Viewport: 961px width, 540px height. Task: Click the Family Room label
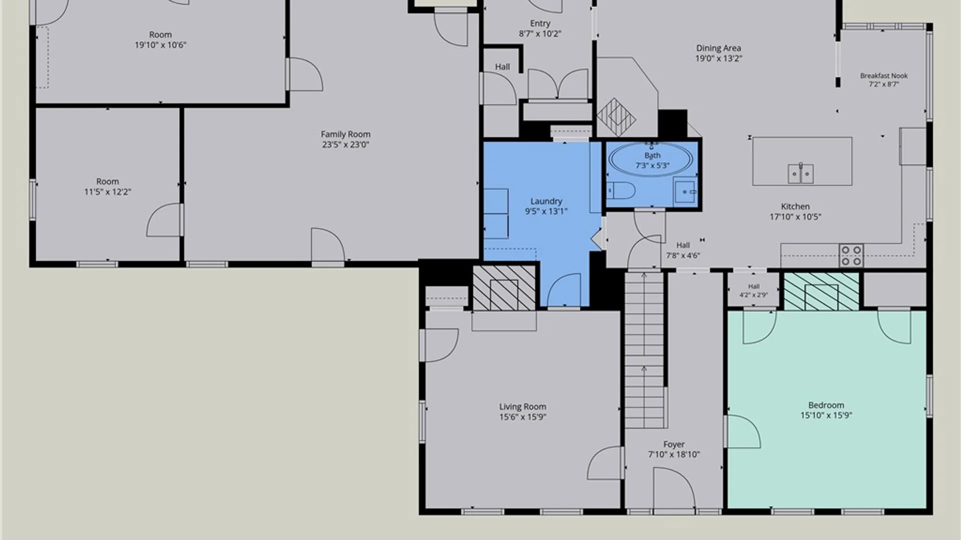coord(345,134)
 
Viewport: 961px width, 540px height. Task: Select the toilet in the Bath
coord(621,190)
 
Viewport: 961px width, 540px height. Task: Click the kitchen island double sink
coord(801,173)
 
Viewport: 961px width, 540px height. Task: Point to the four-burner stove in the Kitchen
coord(851,255)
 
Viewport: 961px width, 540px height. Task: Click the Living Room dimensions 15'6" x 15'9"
coord(523,417)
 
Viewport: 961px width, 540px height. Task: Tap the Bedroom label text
coord(826,405)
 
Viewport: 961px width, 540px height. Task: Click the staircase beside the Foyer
coord(645,350)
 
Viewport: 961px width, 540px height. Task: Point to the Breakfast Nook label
coord(884,75)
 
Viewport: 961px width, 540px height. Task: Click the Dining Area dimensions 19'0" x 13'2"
coord(719,58)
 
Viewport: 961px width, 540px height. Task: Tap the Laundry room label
coord(546,201)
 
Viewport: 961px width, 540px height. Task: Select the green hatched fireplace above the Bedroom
coord(821,291)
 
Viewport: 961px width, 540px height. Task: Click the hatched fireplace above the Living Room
coord(504,288)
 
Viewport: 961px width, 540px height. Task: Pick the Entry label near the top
coord(540,23)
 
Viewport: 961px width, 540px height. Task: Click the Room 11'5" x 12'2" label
coord(108,186)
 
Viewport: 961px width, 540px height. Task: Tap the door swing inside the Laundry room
coord(565,290)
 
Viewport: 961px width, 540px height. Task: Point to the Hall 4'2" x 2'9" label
coord(754,290)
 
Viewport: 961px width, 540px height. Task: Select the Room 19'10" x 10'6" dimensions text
coord(160,45)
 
